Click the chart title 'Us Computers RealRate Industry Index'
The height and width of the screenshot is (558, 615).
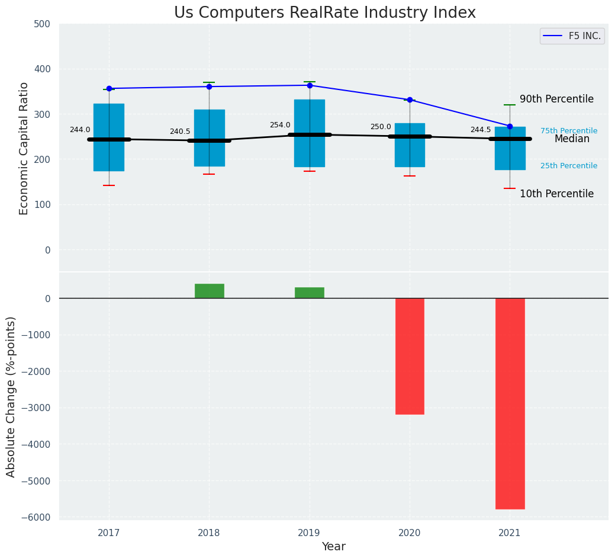click(324, 12)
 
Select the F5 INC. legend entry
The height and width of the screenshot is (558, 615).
click(572, 36)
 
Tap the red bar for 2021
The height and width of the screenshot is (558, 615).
click(510, 403)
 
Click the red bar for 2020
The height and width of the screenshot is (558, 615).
click(410, 356)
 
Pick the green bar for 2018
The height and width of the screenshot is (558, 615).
click(209, 291)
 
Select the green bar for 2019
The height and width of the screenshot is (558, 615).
click(309, 293)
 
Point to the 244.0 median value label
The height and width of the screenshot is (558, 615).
click(80, 130)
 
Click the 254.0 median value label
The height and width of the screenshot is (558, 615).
click(280, 125)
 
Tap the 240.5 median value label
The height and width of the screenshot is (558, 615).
click(180, 132)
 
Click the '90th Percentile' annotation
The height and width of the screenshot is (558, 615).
click(556, 99)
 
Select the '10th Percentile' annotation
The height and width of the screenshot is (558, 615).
click(556, 194)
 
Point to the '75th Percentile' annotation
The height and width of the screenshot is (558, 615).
click(568, 131)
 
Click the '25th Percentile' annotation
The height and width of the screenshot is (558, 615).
click(568, 166)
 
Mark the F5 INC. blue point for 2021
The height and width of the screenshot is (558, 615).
click(510, 126)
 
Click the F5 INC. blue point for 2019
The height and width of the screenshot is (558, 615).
click(310, 85)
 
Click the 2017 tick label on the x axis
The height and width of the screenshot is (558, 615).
click(109, 533)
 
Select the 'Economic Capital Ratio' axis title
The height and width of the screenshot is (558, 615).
click(24, 148)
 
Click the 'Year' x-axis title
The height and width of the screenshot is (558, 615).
click(333, 547)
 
